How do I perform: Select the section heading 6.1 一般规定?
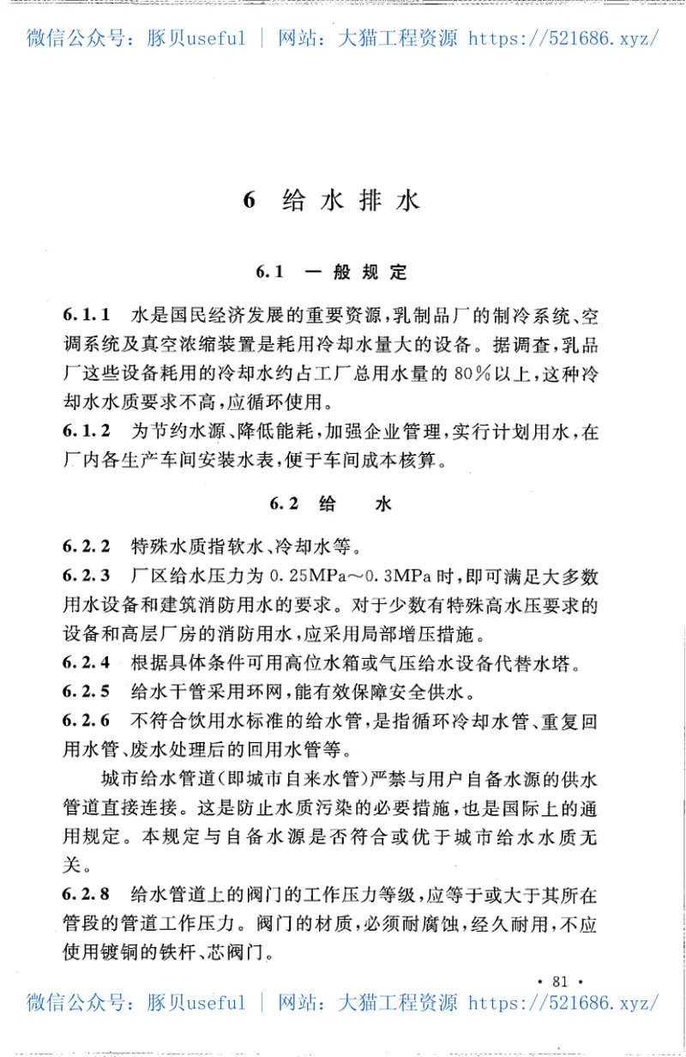point(331,273)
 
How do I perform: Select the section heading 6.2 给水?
point(331,504)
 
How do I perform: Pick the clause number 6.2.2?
point(87,547)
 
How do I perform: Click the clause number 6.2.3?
point(87,576)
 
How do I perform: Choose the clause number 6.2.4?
point(87,662)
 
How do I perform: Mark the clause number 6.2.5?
point(87,692)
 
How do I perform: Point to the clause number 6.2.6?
point(87,721)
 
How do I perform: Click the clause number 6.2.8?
point(87,895)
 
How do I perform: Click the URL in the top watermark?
point(563,38)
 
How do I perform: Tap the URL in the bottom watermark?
point(563,1002)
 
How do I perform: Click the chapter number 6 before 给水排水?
point(250,202)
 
